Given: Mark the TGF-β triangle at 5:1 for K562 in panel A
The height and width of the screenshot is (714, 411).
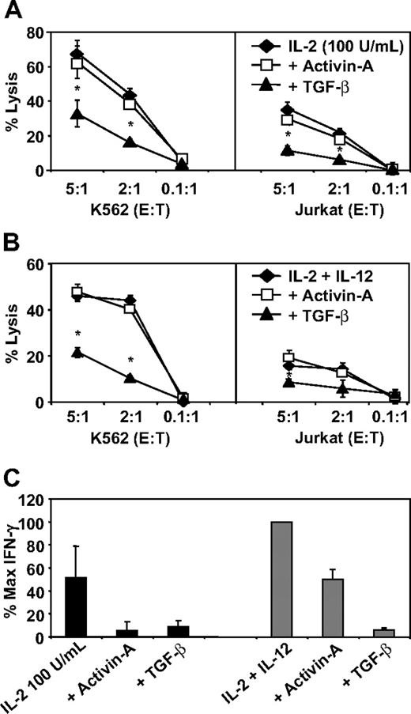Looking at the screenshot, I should click(x=77, y=115).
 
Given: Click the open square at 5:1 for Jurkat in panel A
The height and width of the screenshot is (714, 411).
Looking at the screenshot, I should click(x=288, y=119).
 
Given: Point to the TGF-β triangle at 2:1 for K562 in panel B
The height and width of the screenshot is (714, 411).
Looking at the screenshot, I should click(x=130, y=378).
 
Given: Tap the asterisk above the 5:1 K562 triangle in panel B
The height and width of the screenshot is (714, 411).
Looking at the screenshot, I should click(x=77, y=334).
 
